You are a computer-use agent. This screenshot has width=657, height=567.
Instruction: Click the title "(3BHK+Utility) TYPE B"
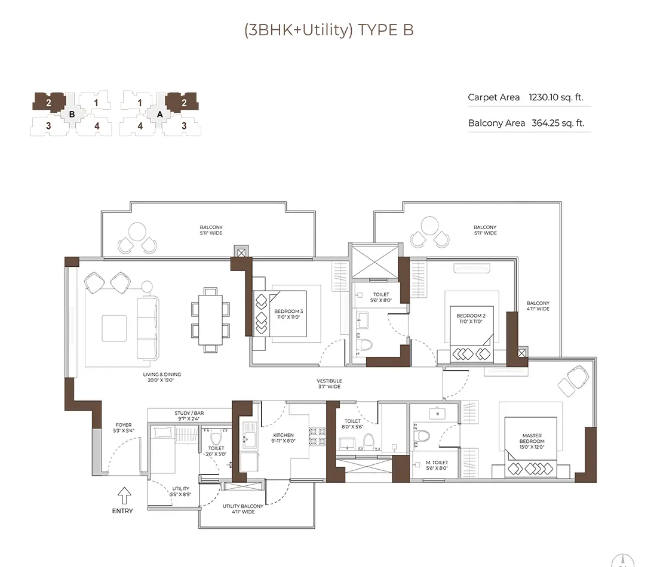tap(328, 30)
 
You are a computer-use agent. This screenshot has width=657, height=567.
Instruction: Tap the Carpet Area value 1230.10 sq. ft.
tap(556, 97)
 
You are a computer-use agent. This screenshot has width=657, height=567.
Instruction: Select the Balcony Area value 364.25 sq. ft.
tap(558, 124)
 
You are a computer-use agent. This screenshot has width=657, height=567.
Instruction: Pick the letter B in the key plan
tap(72, 113)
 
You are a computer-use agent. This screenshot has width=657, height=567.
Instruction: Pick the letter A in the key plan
tap(159, 113)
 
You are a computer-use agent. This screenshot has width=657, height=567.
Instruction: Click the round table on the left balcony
tap(137, 231)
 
